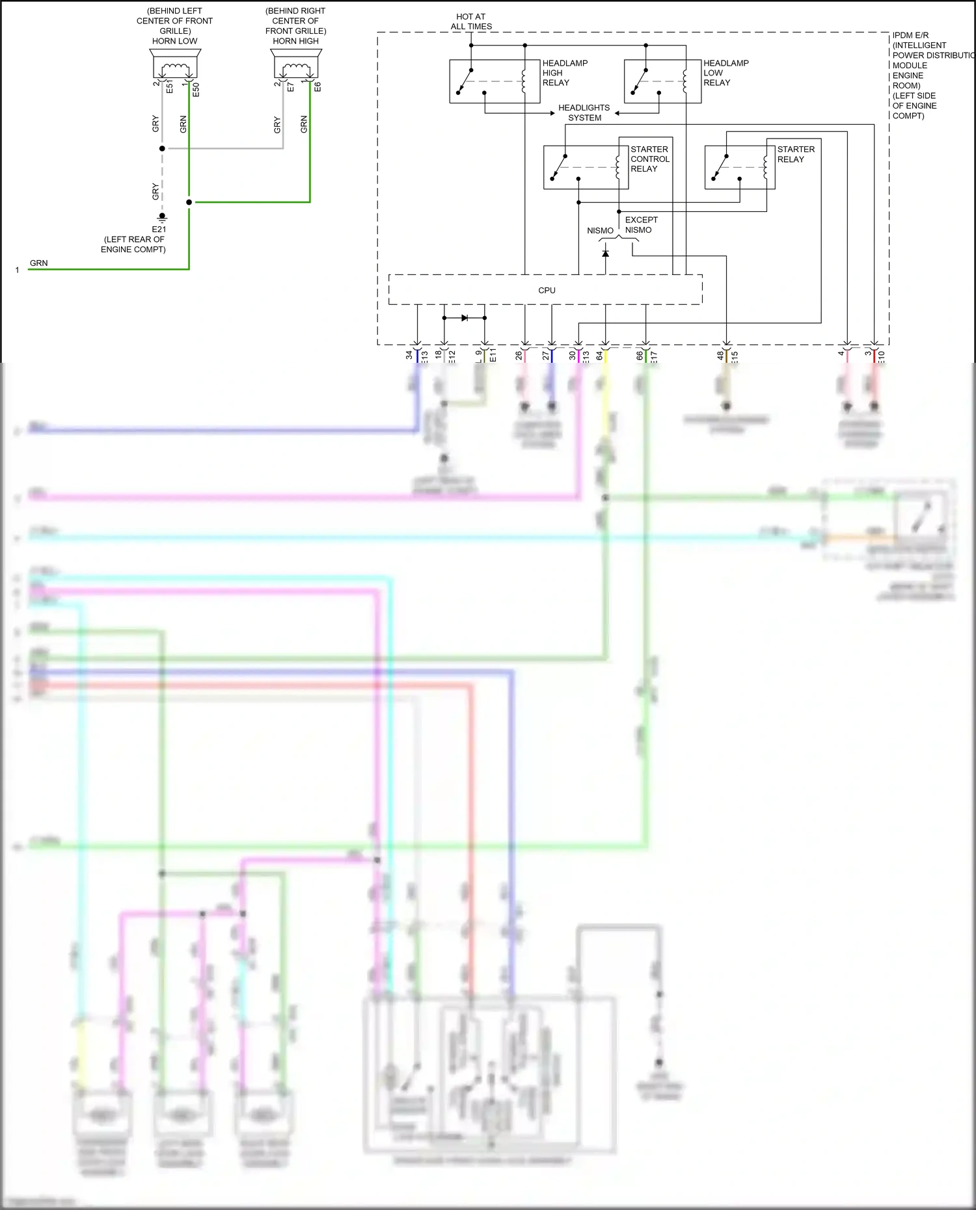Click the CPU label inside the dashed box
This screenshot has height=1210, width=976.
547,290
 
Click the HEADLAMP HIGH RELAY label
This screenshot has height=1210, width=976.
565,73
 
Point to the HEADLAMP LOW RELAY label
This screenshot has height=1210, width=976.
725,73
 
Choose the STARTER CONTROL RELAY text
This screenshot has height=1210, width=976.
649,159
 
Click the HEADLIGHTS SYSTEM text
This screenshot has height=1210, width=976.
584,112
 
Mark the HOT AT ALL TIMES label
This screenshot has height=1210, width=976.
471,21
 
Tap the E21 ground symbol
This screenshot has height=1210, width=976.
162,218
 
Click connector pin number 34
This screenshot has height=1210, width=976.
409,355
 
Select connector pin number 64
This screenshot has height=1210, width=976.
599,355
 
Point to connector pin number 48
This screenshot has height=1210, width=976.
720,355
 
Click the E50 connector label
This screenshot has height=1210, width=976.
196,90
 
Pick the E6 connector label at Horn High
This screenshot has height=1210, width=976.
318,87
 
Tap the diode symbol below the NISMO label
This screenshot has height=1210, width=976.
606,253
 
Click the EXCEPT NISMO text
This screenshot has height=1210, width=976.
641,225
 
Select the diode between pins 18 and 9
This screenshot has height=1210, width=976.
465,318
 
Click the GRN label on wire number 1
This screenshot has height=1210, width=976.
38,263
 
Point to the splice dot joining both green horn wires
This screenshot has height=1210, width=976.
189,202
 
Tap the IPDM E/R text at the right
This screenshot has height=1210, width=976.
910,35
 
